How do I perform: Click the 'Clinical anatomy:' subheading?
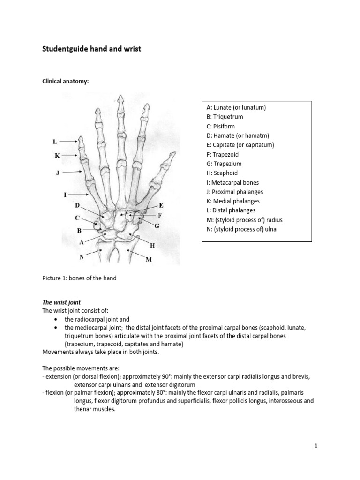coord(65,82)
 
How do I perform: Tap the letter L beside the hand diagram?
coord(55,141)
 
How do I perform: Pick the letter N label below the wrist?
coord(81,257)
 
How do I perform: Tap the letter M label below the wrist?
coord(149,260)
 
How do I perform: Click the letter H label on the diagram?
coord(152,245)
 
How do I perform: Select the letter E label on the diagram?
coord(161,205)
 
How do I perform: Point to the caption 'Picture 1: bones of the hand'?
coord(79,278)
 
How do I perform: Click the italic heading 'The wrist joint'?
coord(61,302)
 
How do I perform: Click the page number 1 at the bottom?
coord(316,446)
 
